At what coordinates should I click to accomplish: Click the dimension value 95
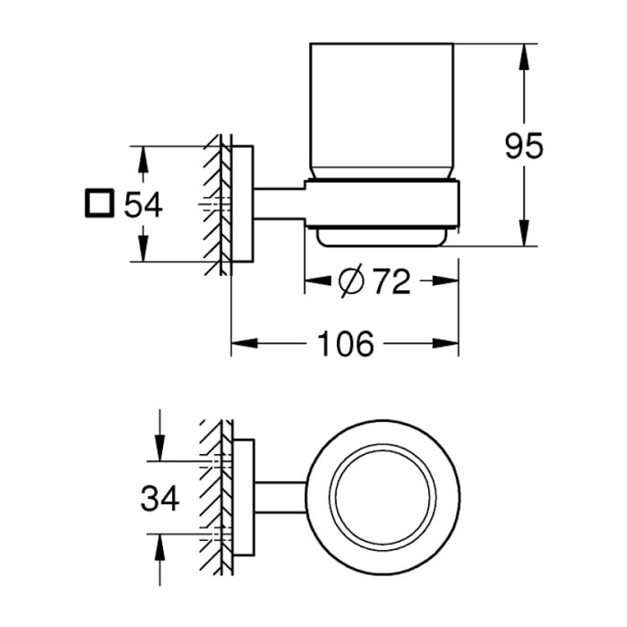(x=524, y=146)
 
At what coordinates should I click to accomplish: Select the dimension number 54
(x=143, y=205)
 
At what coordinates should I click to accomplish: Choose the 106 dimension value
(x=346, y=343)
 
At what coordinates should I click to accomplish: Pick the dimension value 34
(x=159, y=498)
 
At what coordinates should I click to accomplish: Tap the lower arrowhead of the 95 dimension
(x=524, y=233)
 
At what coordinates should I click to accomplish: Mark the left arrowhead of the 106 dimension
(x=245, y=343)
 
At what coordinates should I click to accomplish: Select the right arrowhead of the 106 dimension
(x=445, y=343)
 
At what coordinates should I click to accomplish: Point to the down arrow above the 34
(x=159, y=448)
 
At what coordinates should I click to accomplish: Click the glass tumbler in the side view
(x=382, y=110)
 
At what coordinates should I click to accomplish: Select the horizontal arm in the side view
(x=279, y=203)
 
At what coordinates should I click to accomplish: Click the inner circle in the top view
(x=382, y=497)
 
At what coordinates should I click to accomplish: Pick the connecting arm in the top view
(x=280, y=497)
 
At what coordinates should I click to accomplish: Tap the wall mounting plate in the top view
(x=243, y=497)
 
